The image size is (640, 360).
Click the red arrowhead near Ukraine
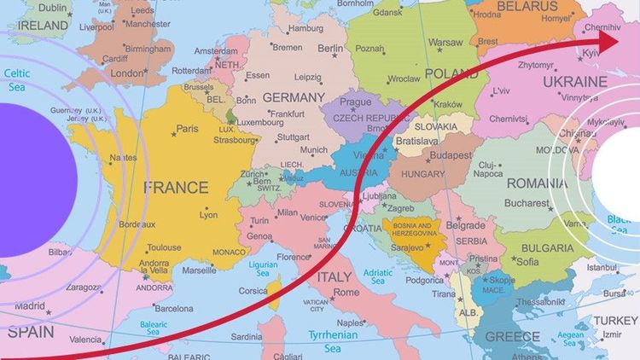pos(608,39)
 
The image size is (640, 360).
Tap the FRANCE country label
pos(176,187)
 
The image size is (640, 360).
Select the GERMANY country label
pos(294,97)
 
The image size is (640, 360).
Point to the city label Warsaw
pos(445,42)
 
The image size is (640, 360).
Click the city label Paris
pos(187,129)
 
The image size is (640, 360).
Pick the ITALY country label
pos(334,277)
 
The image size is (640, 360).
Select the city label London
pos(127,73)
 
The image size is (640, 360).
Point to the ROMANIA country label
pos(537,183)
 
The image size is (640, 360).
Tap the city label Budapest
pos(451,156)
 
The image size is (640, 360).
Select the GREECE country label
pos(512,337)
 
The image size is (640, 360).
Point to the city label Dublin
pos(53,7)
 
